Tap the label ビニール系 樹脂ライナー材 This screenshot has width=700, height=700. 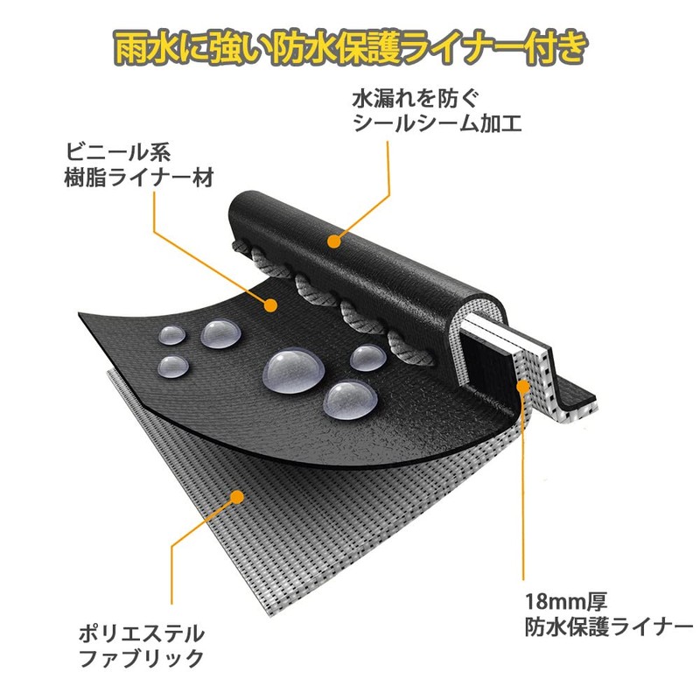(139, 165)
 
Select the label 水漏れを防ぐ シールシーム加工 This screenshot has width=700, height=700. (437, 111)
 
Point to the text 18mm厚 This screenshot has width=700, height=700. (566, 601)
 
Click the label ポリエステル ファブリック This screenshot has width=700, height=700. (142, 646)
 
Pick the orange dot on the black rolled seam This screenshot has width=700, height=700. (333, 241)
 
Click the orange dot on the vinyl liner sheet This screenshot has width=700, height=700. (270, 305)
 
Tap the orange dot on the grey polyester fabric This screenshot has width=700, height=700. (237, 497)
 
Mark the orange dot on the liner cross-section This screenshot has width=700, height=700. (522, 386)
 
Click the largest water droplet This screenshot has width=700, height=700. (294, 371)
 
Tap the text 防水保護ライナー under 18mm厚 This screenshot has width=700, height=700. (609, 627)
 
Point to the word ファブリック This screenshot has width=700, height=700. (142, 658)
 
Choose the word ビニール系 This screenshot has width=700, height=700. (118, 152)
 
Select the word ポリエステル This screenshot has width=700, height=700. (142, 633)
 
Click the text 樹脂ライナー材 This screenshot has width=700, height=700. (139, 178)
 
